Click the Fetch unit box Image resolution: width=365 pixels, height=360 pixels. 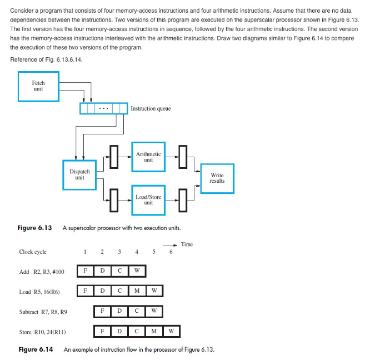click(38, 87)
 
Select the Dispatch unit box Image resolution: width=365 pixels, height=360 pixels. click(79, 175)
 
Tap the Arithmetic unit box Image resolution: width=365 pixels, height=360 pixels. click(148, 157)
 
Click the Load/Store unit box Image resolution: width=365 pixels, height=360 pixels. click(148, 200)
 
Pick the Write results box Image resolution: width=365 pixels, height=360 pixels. click(217, 178)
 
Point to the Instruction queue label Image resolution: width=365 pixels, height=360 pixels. click(151, 109)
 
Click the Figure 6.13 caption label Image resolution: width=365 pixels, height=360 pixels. click(35, 228)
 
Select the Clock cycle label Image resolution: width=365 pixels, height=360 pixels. click(33, 252)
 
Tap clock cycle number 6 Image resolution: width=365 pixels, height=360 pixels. click(171, 252)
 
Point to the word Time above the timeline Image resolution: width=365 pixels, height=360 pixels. click(187, 244)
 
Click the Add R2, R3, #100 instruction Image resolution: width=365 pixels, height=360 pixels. click(42, 272)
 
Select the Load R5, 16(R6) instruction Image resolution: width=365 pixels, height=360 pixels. click(39, 291)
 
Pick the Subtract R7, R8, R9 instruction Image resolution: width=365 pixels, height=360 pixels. click(43, 312)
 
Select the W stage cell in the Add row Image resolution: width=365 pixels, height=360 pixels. click(137, 271)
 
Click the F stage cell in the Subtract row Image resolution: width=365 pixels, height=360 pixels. click(102, 311)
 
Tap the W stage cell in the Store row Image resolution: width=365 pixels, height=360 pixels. click(171, 332)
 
